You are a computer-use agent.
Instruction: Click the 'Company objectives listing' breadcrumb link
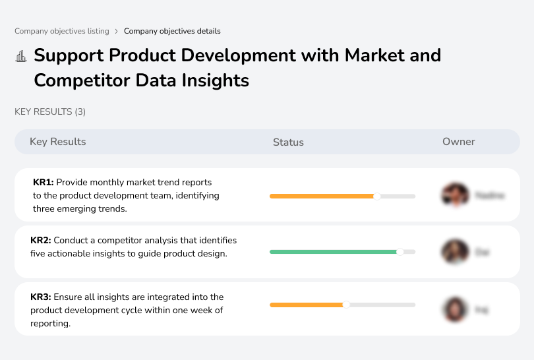(x=62, y=31)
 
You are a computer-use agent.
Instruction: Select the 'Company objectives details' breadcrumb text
(x=172, y=31)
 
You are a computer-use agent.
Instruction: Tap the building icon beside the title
(x=21, y=57)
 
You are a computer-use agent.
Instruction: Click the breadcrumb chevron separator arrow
(x=117, y=31)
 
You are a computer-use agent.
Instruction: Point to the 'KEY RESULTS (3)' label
(x=50, y=112)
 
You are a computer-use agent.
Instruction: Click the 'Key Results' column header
(x=57, y=142)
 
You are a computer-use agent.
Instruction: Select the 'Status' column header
(x=288, y=142)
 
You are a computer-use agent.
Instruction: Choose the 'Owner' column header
(x=458, y=142)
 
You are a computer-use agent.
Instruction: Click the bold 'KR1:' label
(x=44, y=182)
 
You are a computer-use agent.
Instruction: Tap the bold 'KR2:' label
(x=41, y=240)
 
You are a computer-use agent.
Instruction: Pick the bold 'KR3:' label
(x=41, y=297)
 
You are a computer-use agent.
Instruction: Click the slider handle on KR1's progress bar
(x=377, y=196)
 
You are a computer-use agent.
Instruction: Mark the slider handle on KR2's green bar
(x=400, y=252)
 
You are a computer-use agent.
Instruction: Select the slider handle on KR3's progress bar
(x=346, y=305)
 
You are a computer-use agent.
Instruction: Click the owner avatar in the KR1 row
(x=455, y=195)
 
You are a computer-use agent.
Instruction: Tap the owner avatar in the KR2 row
(x=455, y=252)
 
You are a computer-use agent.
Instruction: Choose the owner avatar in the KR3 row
(x=455, y=309)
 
